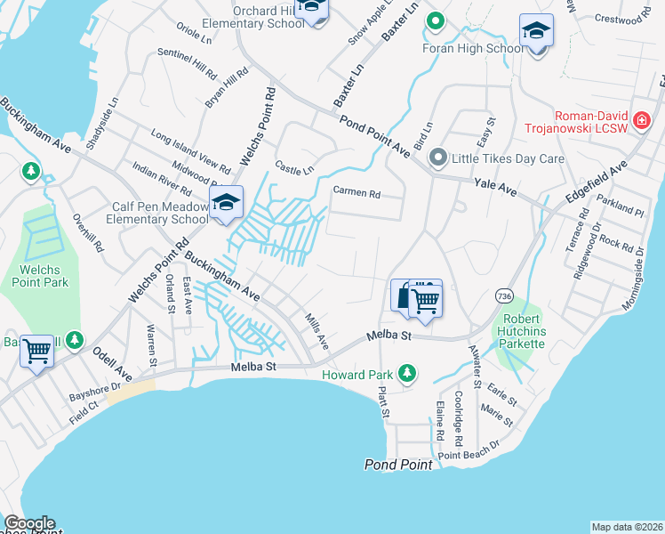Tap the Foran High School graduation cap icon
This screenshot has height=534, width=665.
coord(536,31)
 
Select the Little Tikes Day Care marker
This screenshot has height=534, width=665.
coord(437,158)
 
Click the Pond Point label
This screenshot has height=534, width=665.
coord(398,465)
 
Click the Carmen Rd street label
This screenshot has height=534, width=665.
coord(356,192)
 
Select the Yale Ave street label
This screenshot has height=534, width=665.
coord(495,186)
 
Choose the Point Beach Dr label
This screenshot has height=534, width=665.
coord(468,455)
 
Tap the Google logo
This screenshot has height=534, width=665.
coord(28,523)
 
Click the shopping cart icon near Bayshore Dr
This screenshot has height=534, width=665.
coord(37,351)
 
